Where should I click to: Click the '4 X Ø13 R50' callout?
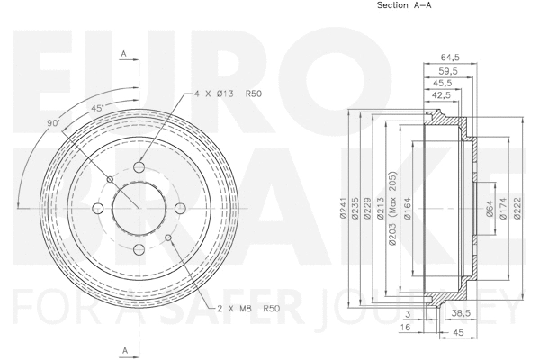point(226,94)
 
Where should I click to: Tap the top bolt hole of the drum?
point(139,166)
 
